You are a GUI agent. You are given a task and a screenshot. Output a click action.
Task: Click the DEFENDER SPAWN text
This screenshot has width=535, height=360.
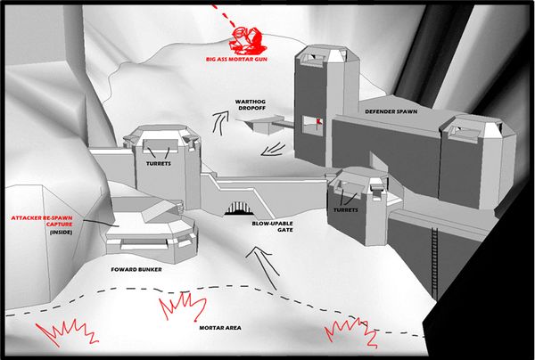[392, 112]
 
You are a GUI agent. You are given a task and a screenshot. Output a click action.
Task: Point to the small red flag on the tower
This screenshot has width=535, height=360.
[317, 121]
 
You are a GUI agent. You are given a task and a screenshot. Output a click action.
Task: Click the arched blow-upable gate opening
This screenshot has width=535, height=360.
[238, 209]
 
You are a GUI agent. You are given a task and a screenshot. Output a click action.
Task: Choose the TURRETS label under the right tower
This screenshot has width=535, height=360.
[346, 211]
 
